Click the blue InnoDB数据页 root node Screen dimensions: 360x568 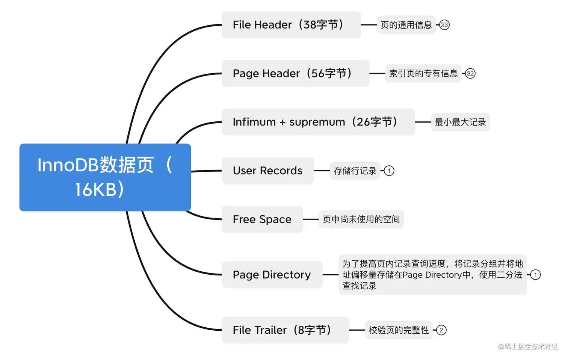point(105,177)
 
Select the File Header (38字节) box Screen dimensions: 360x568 point(291,25)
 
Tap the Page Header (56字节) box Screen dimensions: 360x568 point(295,73)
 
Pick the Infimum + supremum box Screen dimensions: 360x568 point(318,122)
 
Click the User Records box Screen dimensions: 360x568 point(267,171)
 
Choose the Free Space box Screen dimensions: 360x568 point(262,219)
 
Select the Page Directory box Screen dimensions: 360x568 point(272,275)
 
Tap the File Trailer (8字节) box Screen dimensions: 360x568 point(285,330)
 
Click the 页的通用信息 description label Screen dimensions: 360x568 point(406,25)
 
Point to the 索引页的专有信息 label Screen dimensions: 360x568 point(423,73)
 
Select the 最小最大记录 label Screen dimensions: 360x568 point(460,122)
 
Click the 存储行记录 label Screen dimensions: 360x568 point(355,171)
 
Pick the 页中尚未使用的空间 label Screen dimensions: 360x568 point(361,219)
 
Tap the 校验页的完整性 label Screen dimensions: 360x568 point(399,330)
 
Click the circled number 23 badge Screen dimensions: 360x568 point(444,25)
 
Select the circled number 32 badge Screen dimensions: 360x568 point(470,73)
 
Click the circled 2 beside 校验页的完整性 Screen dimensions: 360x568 point(441,330)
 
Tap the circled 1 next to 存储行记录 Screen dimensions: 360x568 point(389,171)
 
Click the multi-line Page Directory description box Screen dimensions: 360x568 point(432,275)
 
